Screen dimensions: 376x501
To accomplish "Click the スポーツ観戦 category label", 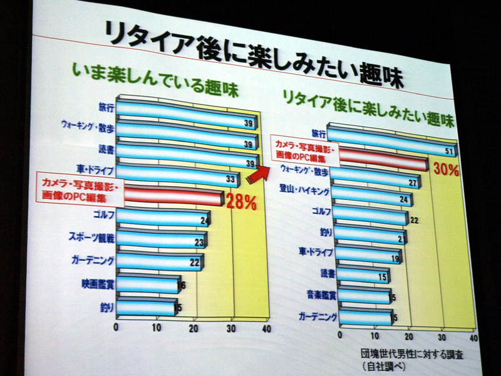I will tap(88, 238).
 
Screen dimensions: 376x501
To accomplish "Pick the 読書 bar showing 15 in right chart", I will tap(361, 276).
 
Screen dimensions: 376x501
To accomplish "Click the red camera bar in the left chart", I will tap(173, 197).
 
